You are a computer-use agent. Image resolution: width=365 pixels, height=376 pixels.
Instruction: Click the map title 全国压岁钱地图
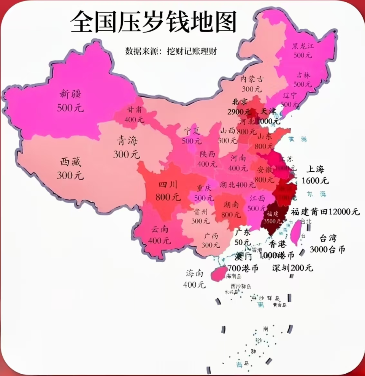pyautogui.click(x=154, y=22)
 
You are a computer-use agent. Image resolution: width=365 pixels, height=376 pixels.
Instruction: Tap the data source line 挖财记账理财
pyautogui.click(x=171, y=51)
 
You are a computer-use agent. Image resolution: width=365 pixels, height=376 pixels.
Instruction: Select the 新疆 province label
pyautogui.click(x=70, y=94)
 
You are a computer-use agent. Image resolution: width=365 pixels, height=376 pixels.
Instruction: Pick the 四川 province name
pyautogui.click(x=168, y=185)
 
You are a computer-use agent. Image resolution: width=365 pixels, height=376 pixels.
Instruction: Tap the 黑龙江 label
pyautogui.click(x=303, y=46)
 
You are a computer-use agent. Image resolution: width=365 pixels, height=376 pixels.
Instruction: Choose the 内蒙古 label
pyautogui.click(x=252, y=79)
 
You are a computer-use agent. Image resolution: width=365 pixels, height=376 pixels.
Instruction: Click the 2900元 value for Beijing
pyautogui.click(x=239, y=112)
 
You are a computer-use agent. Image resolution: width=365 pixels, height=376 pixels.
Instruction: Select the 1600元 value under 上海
pyautogui.click(x=315, y=180)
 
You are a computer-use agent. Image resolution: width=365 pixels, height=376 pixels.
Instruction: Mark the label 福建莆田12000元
pyautogui.click(x=325, y=212)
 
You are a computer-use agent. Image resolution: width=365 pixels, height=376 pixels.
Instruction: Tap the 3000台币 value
pyautogui.click(x=327, y=250)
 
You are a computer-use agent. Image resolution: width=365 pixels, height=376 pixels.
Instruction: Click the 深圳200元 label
pyautogui.click(x=292, y=268)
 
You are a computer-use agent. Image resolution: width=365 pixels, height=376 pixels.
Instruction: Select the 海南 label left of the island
pyautogui.click(x=194, y=273)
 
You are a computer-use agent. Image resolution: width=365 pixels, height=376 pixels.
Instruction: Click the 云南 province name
pyautogui.click(x=160, y=229)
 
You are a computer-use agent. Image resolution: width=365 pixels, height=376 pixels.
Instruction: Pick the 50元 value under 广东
pyautogui.click(x=243, y=242)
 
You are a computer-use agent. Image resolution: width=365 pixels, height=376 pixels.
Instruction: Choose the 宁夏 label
pyautogui.click(x=192, y=131)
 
